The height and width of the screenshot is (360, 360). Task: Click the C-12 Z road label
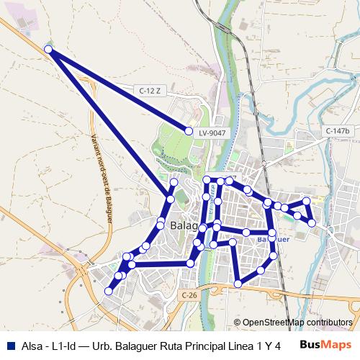(x=148, y=90)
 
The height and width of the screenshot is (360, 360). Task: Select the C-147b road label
(x=336, y=130)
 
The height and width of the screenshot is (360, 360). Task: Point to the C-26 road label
(x=189, y=295)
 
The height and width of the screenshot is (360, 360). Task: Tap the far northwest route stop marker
(x=48, y=49)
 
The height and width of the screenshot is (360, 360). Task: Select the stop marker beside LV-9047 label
(x=189, y=132)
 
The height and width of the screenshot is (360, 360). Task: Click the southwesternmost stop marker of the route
(x=109, y=291)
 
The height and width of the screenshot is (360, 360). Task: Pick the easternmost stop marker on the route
(x=312, y=223)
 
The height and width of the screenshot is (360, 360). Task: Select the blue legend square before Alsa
(x=9, y=345)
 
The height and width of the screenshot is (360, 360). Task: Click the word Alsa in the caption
(x=32, y=345)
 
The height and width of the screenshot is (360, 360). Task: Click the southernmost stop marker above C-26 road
(x=238, y=284)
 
